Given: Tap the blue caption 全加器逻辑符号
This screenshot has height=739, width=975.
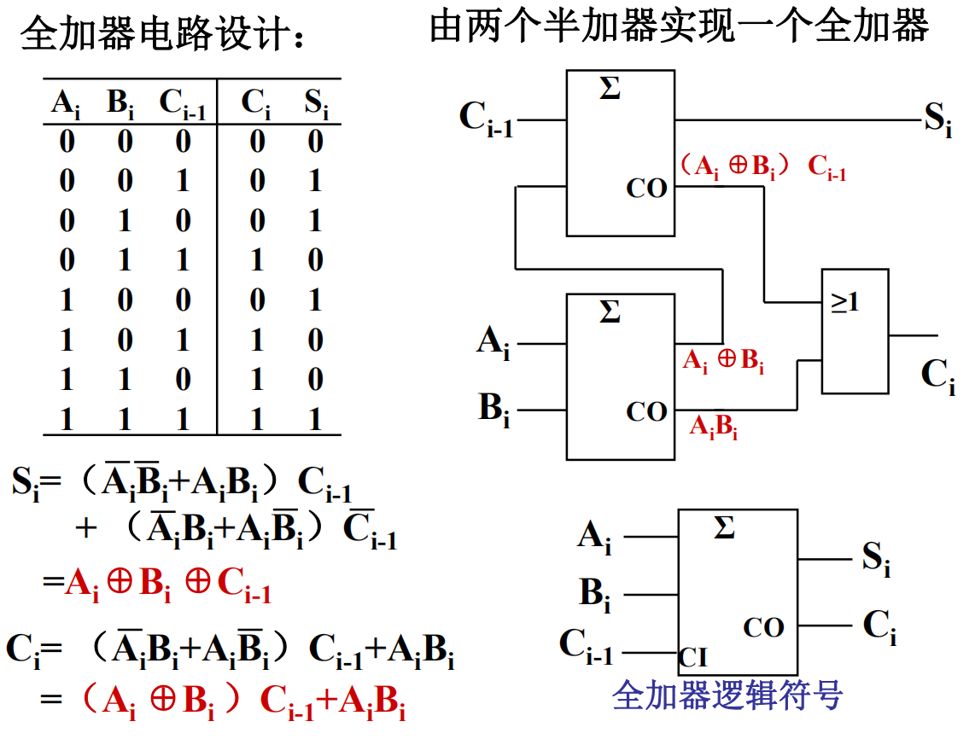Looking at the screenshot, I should pos(727,695).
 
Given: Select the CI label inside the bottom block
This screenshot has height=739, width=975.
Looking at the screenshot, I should pos(693,658).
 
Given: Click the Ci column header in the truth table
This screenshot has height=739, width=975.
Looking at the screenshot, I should pos(256,104).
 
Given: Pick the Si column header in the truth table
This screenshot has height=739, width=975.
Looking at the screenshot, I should pos(316,104).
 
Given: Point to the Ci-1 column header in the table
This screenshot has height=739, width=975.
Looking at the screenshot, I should pos(183,105).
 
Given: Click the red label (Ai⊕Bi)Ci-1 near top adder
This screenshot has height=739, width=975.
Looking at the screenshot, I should pos(763,167).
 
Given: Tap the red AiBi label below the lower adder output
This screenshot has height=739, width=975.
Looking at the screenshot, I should pos(714,426).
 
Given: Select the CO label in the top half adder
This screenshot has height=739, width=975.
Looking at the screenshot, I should pos(646,189).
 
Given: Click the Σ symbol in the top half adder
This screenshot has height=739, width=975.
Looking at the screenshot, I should pos(610,89).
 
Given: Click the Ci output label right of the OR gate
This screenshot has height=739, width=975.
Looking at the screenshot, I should pos(937,375).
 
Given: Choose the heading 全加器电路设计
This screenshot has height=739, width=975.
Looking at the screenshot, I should pos(162,36).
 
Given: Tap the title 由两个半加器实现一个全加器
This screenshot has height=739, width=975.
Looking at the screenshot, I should pos(679,26).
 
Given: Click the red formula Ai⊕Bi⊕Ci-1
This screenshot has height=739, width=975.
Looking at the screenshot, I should pos(168,584).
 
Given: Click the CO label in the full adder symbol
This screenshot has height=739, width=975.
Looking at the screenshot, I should pos(763,628).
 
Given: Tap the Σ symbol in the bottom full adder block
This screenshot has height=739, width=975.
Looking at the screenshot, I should pos(723,529).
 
